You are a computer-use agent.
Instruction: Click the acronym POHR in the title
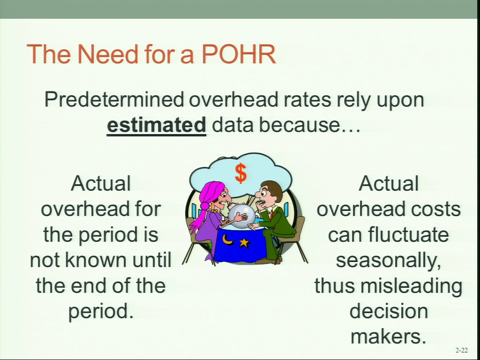coord(239,54)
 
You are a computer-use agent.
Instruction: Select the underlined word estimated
coord(157,125)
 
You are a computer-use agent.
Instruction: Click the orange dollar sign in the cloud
coord(240,173)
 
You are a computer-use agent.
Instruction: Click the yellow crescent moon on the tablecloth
coord(228,240)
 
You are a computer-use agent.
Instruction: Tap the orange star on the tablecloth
coord(244,243)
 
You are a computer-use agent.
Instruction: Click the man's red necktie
coord(271,214)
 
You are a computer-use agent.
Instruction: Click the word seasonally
coord(389,261)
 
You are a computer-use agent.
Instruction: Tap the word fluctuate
coord(409,234)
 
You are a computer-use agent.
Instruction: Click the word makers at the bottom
coord(389,336)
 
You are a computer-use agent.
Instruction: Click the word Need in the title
coord(108,54)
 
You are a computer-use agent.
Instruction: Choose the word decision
coord(389,311)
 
